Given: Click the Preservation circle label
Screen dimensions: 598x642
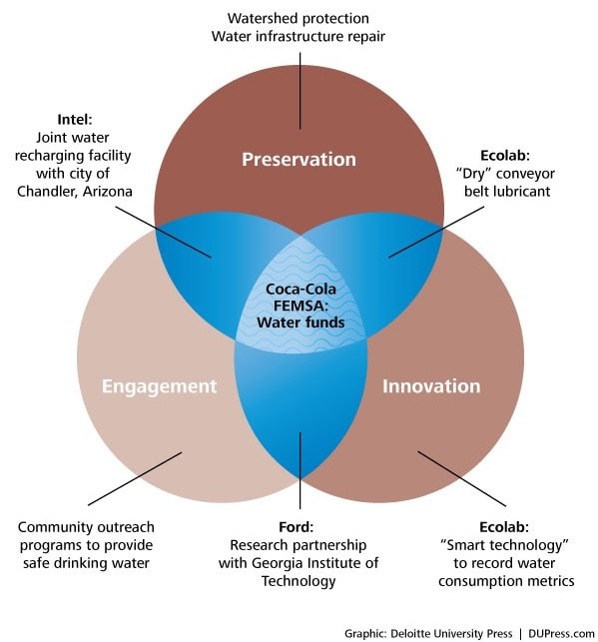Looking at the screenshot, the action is coord(299,160).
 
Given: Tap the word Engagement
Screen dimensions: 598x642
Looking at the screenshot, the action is coord(159,387).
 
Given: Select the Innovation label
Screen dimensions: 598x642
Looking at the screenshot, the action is coord(431,386).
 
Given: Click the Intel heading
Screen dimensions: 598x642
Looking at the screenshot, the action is coord(75,120).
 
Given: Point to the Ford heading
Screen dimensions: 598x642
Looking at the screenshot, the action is coord(296,527).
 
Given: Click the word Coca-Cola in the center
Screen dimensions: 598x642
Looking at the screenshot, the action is coord(300,290).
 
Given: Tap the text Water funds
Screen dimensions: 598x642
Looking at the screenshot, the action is coord(300,322).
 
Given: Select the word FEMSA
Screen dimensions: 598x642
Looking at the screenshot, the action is coord(299,306).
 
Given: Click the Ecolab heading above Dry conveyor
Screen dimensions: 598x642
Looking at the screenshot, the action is coord(505,156).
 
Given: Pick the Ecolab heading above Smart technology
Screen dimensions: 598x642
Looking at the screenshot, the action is coord(504,527).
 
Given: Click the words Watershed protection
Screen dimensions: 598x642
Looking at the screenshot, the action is coord(299,18).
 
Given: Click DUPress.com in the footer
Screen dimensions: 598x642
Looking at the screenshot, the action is coord(561,634).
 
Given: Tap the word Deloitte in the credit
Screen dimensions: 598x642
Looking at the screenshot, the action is coord(407,633).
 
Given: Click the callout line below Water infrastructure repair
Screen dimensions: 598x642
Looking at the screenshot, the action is coord(300,91).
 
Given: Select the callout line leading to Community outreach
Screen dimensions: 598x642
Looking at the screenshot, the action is coord(135,478).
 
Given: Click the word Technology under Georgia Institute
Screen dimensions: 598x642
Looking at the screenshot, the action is coord(299,581).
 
